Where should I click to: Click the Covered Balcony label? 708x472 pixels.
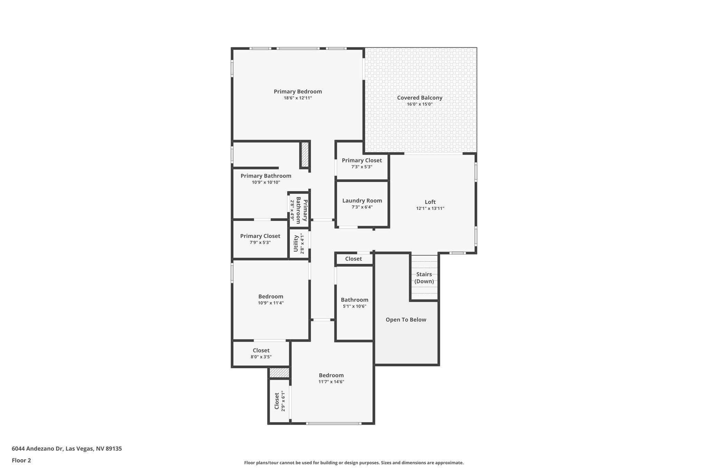click(x=419, y=98)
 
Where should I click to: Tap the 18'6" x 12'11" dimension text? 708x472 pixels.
click(x=298, y=98)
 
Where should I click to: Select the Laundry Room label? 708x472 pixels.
click(x=362, y=201)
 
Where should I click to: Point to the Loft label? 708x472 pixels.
click(x=430, y=202)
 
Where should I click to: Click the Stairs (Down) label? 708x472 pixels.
click(x=424, y=278)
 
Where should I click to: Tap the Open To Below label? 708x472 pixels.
click(x=406, y=320)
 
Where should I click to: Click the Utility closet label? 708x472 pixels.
click(x=296, y=243)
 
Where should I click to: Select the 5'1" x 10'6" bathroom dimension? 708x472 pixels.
click(x=354, y=306)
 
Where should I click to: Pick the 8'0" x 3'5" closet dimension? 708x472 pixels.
click(x=261, y=357)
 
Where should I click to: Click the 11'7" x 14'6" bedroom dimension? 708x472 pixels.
click(x=331, y=382)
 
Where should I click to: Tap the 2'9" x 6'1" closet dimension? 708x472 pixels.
click(x=283, y=401)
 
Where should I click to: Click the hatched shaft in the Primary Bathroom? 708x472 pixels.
click(x=305, y=154)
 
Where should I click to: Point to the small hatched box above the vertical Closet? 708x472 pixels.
click(x=279, y=373)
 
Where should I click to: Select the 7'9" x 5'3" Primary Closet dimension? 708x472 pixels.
click(x=260, y=242)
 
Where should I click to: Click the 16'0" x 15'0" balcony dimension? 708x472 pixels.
click(x=419, y=104)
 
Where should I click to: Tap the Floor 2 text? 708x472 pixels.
click(x=21, y=460)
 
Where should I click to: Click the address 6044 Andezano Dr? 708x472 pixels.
click(x=67, y=448)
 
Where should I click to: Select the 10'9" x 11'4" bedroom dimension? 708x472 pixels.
click(x=271, y=303)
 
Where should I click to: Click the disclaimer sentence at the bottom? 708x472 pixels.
click(x=354, y=463)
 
